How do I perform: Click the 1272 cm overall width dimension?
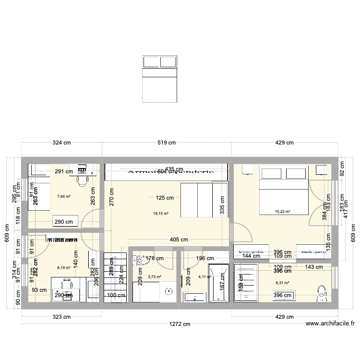[177, 324]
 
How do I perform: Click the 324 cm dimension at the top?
[62, 143]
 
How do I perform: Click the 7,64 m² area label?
[63, 196]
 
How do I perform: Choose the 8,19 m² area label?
[63, 268]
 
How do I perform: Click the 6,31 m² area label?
[282, 283]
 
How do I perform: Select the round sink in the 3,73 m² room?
[168, 291]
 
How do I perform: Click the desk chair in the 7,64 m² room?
[82, 180]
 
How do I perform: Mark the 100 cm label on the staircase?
[114, 295]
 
